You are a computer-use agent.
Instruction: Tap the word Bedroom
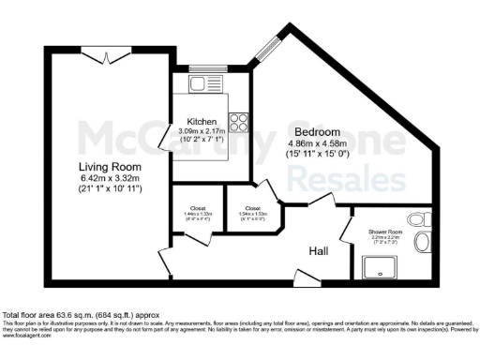tap(319, 132)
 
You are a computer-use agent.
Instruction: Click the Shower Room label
tap(384, 232)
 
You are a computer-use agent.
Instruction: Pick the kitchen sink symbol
tap(202, 85)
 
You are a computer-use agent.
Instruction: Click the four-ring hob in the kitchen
tap(238, 121)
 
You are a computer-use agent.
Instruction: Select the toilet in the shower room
tap(422, 243)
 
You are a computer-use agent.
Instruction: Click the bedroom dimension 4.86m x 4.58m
tap(319, 143)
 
